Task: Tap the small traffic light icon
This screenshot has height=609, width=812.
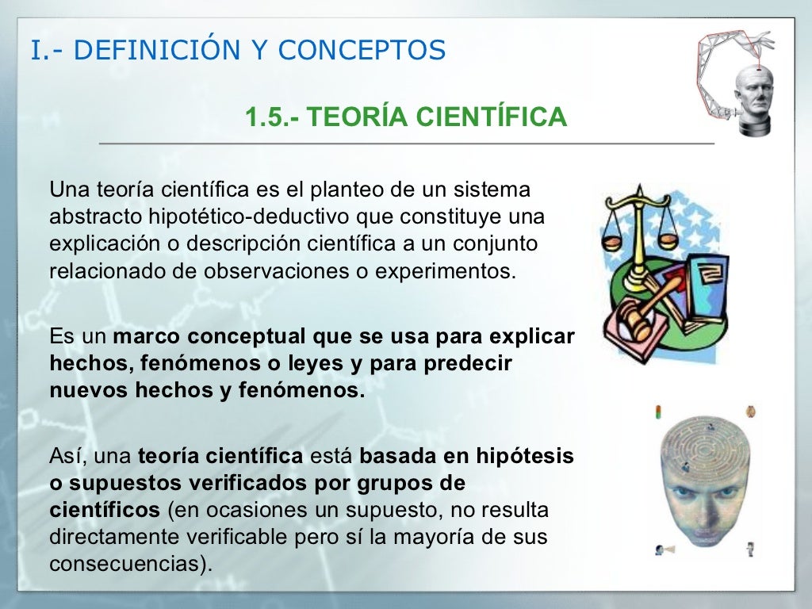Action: [657, 411]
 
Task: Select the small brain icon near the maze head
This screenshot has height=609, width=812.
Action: [749, 412]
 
